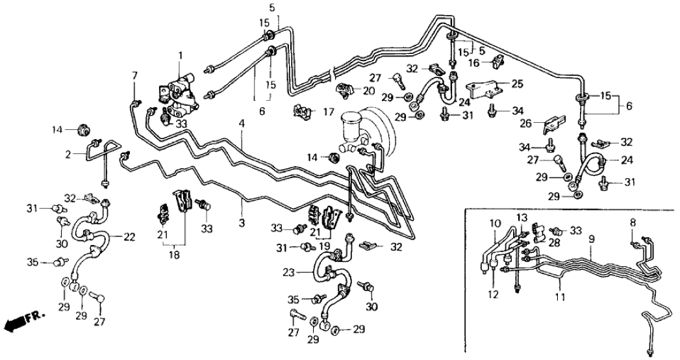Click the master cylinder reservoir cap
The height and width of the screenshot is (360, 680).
point(350,120)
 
